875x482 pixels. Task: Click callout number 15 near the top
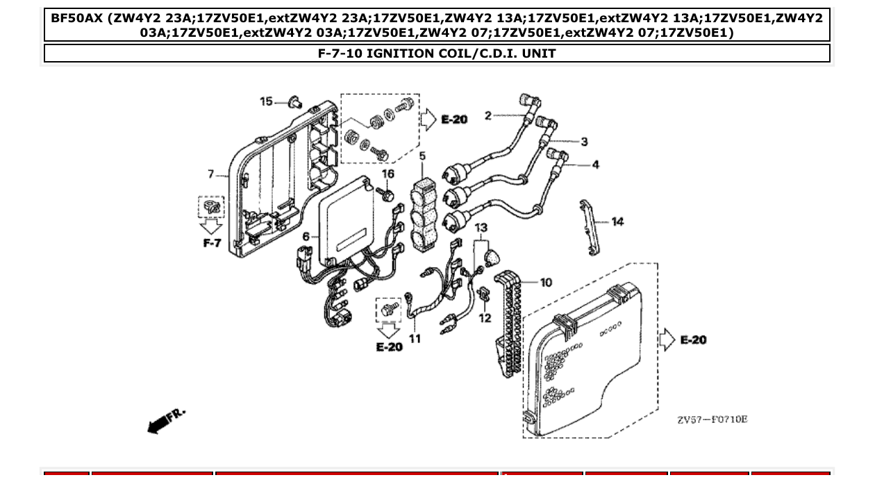point(266,102)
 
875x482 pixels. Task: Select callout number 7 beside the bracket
point(211,174)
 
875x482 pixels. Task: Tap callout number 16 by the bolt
point(387,174)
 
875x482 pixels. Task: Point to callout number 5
point(422,157)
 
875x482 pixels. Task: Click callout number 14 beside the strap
point(617,222)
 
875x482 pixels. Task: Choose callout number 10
point(546,282)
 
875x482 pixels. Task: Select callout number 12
point(485,318)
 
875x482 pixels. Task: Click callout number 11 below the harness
point(415,339)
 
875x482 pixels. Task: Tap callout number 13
point(481,228)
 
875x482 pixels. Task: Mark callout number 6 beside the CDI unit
point(306,237)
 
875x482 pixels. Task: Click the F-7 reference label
point(212,243)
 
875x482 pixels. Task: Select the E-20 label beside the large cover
point(693,340)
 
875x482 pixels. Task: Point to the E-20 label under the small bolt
point(389,347)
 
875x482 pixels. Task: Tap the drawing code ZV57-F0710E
point(712,419)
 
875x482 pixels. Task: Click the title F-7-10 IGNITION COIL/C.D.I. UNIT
point(437,53)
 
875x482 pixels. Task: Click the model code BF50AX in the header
point(76,17)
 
